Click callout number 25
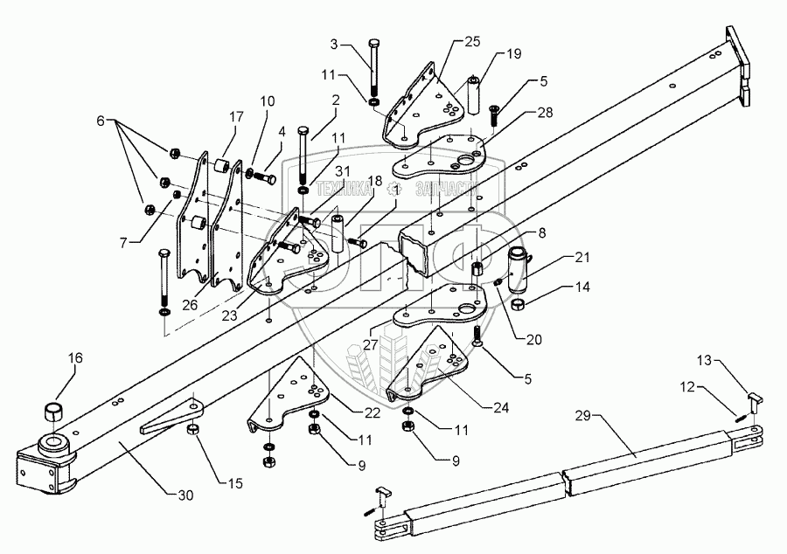(x=471, y=40)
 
